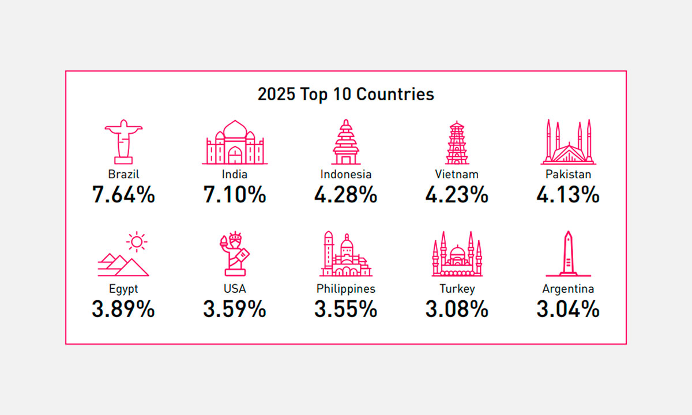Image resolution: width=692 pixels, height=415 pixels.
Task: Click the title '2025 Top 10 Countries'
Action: point(345,94)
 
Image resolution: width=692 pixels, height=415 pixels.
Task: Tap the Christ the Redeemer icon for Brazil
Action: point(123,142)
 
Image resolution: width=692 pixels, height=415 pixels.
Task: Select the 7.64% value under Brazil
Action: point(123,195)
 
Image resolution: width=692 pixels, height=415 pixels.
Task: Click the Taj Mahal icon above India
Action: point(235,142)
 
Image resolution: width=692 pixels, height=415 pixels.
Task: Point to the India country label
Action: point(235,174)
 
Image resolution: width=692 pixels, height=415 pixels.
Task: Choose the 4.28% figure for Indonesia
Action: point(345,195)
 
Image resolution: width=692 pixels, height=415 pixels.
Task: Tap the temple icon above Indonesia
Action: point(345,142)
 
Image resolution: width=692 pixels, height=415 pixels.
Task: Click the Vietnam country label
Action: point(457,174)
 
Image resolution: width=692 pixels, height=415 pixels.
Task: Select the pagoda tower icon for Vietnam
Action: point(457,142)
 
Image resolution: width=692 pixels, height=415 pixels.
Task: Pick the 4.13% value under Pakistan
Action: point(568,195)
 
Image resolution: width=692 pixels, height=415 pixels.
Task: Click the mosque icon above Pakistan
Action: point(568,142)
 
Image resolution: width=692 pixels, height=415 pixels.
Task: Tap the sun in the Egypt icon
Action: point(136,242)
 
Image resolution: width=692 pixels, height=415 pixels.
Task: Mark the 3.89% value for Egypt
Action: point(123,310)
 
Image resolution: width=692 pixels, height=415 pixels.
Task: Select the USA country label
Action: point(235,289)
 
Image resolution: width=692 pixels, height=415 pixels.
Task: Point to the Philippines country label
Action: point(345,289)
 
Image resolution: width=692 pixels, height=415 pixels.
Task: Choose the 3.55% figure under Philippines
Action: point(345,310)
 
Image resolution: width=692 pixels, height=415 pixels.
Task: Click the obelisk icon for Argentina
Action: point(568,254)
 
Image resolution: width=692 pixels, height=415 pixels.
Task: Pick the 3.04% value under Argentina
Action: point(568,310)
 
